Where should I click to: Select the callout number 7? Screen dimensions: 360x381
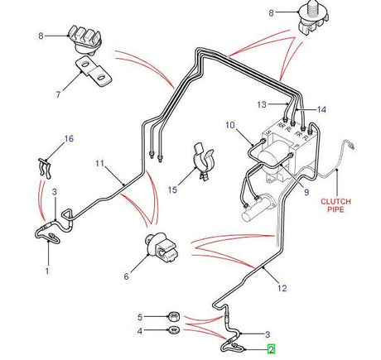59,94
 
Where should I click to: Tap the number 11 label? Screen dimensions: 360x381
99,164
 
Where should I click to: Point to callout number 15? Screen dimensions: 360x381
172,190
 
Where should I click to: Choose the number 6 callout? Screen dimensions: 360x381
126,278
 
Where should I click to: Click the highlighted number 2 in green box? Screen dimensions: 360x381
270,351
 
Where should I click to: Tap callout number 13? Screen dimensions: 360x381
262,104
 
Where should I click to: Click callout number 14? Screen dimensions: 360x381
321,109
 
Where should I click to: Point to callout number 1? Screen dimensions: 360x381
47,270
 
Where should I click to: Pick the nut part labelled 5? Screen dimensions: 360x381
175,314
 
